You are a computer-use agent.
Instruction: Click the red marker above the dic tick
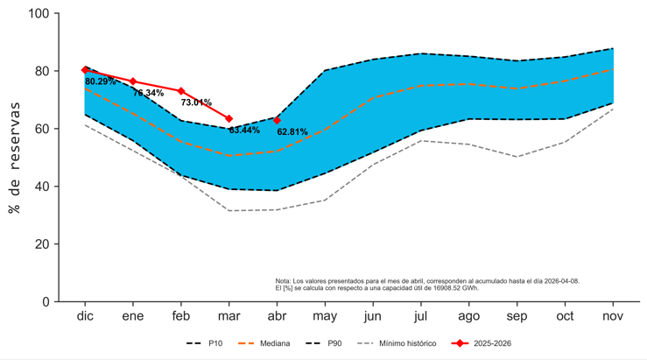pyautogui.click(x=85, y=70)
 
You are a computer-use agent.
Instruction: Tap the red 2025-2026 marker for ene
pyautogui.click(x=133, y=81)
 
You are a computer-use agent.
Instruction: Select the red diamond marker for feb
pyautogui.click(x=181, y=91)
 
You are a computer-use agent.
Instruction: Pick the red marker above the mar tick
pyautogui.click(x=229, y=119)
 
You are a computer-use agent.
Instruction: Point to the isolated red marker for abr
pyautogui.click(x=278, y=121)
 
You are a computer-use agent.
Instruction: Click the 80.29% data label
pyautogui.click(x=101, y=81)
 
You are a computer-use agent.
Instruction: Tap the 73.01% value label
pyautogui.click(x=196, y=102)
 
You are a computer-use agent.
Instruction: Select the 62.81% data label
pyautogui.click(x=292, y=132)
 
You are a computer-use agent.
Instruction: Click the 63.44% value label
pyautogui.click(x=244, y=131)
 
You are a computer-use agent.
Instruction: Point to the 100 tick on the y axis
pyautogui.click(x=39, y=13)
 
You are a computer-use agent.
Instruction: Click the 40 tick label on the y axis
pyautogui.click(x=42, y=187)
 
